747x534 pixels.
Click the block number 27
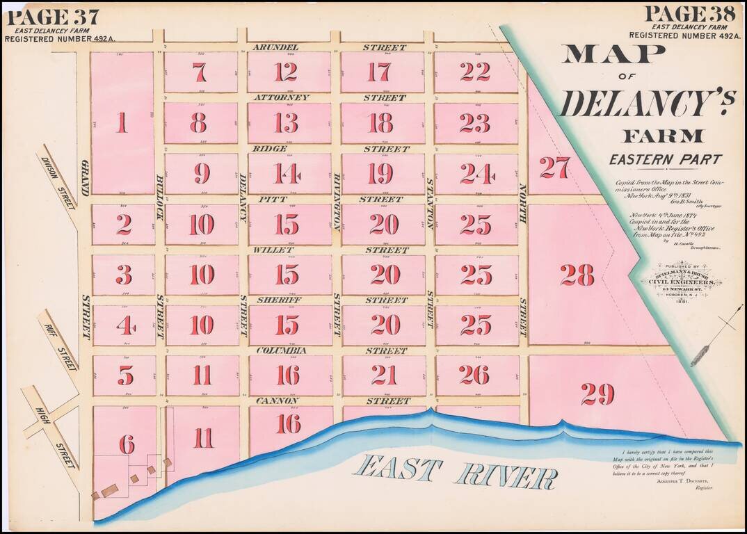554,168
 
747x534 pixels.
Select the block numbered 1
122,123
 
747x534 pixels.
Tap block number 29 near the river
597,394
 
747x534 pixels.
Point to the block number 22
475,72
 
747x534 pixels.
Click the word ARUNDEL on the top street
275,47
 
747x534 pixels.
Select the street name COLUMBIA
282,351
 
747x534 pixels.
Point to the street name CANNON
277,401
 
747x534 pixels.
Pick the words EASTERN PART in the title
665,159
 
